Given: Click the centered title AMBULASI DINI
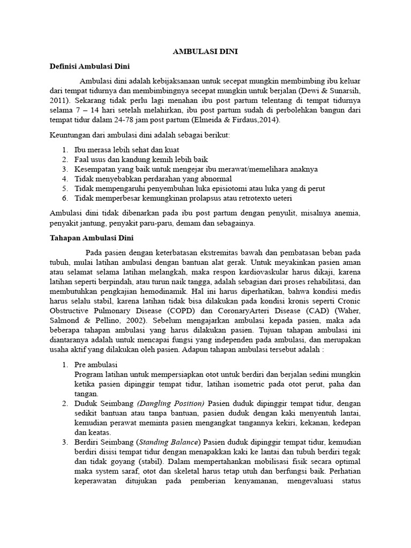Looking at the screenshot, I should [205, 52].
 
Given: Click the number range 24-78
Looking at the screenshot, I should [136, 120].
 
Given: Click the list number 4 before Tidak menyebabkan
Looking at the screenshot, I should [64, 179].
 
